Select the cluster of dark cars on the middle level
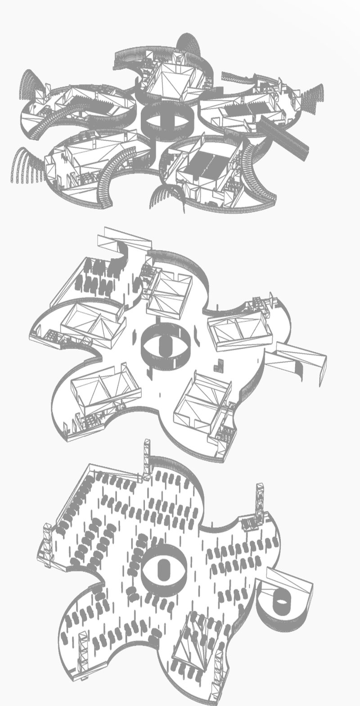pos(97,277)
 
